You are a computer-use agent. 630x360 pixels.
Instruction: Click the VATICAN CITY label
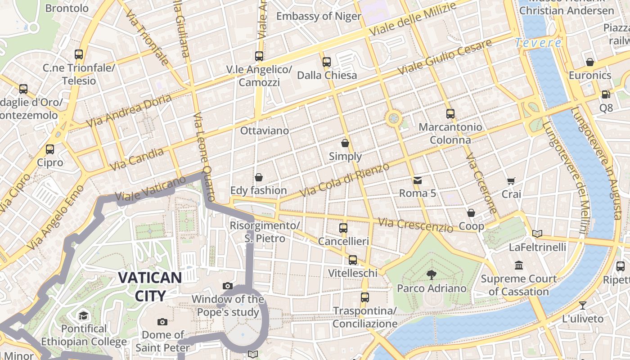pos(150,286)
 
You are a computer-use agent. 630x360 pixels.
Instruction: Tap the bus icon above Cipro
pos(50,149)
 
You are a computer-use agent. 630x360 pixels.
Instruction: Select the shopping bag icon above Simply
pos(345,143)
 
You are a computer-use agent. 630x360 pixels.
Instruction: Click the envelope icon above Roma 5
pos(418,180)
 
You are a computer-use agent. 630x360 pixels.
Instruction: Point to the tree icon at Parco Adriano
pos(432,274)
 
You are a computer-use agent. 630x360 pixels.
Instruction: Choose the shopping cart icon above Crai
pos(511,181)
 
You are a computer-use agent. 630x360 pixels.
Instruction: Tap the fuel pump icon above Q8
pos(606,94)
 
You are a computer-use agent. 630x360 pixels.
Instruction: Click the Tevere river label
pos(539,43)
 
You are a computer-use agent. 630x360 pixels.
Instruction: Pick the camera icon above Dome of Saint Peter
pos(162,322)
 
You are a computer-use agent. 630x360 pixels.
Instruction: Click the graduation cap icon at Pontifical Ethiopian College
pos(83,315)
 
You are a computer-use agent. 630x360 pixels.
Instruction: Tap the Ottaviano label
pos(265,130)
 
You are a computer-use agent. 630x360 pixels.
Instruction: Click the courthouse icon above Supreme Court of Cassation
pos(519,265)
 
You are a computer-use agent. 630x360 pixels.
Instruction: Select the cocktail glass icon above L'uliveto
pos(583,306)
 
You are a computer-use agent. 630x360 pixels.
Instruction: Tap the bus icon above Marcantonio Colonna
pos(450,114)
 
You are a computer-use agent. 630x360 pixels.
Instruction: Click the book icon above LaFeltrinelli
pos(537,234)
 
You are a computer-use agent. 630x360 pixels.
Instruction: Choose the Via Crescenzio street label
pos(415,224)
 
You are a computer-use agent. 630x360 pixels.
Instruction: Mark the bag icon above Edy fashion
pos(259,177)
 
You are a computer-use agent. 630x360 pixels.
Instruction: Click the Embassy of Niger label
pos(319,16)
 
